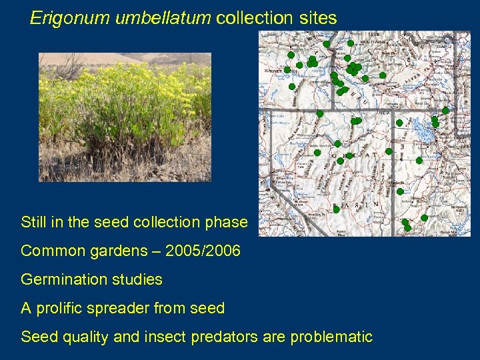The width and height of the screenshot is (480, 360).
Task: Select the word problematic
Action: point(331,337)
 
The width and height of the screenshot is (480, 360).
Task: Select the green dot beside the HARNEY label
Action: point(287,69)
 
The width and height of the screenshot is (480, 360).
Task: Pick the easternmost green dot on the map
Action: point(445,110)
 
